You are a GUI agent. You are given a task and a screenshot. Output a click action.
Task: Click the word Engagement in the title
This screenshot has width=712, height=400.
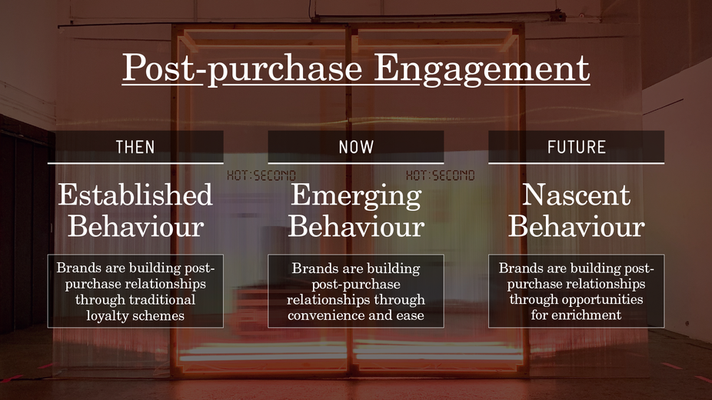[482, 69]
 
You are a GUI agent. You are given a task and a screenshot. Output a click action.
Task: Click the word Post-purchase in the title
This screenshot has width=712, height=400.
[242, 68]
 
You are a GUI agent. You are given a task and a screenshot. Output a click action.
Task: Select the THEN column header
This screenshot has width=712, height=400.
[135, 147]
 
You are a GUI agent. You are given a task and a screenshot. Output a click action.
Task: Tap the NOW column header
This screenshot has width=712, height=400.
[356, 147]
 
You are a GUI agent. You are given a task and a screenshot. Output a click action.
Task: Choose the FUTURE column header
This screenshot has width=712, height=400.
[576, 147]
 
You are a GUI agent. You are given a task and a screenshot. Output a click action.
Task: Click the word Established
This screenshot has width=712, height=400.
[135, 195]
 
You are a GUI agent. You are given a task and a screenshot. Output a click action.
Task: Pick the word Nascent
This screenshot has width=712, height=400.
[576, 195]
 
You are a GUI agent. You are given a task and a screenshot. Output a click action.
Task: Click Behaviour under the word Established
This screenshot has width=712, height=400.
[135, 226]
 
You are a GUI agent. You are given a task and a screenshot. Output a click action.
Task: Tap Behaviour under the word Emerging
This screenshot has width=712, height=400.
[356, 226]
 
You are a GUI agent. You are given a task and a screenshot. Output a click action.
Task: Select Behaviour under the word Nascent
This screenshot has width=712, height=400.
[576, 226]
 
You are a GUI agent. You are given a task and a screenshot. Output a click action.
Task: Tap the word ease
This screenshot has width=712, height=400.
[410, 316]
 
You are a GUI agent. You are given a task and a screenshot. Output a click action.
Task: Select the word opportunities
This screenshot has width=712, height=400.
[603, 300]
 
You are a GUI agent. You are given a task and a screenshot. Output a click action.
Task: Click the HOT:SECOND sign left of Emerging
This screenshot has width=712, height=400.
[261, 175]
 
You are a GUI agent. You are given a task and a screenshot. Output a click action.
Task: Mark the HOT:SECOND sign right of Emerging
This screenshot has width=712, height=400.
[440, 175]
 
